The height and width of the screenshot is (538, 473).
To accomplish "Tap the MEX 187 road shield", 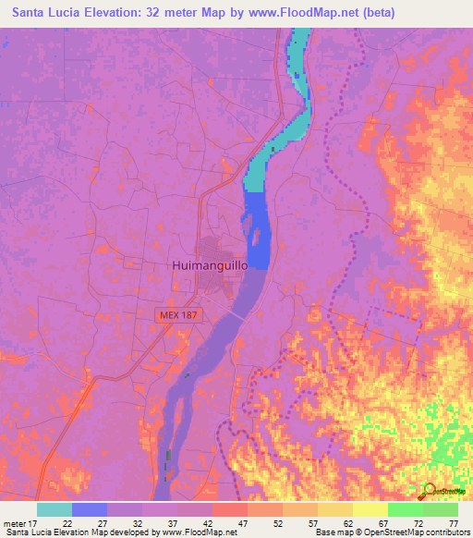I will tap(176, 315).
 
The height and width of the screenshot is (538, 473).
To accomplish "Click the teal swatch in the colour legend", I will tap(55, 509).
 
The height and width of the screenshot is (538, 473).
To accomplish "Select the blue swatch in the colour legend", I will tap(90, 509).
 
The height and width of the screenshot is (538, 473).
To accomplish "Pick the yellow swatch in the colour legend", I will tap(370, 509).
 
